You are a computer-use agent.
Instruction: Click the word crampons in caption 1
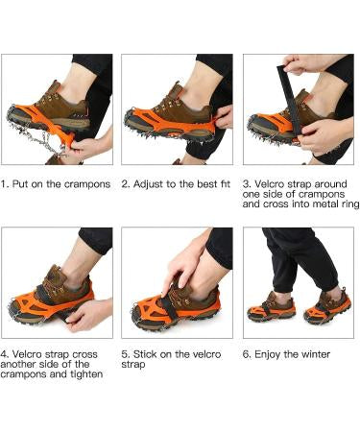(87, 184)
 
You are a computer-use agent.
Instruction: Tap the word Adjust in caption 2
(149, 184)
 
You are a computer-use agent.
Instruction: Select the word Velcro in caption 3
(269, 184)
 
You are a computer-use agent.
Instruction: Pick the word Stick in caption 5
(144, 354)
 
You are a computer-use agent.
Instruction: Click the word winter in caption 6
(316, 354)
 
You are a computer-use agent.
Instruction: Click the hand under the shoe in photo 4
(88, 315)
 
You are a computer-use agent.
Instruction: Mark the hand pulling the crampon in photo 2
(225, 118)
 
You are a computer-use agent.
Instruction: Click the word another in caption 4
(17, 365)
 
